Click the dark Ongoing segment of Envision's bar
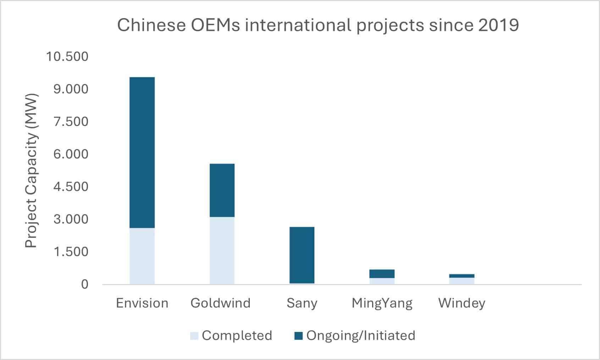(x=142, y=152)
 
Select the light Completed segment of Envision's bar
(x=142, y=256)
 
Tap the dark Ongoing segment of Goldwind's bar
(x=222, y=190)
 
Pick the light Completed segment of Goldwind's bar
(x=222, y=250)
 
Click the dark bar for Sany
(x=302, y=255)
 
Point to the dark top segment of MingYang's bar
(x=382, y=273)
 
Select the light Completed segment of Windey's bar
(x=462, y=281)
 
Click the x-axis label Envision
(x=142, y=303)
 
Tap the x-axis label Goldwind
(x=220, y=303)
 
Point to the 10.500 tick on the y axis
(x=67, y=56)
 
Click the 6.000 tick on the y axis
(x=71, y=154)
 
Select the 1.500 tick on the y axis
(x=71, y=252)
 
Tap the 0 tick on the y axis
(x=84, y=284)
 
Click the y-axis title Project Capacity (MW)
(x=32, y=170)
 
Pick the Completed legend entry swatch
(x=194, y=336)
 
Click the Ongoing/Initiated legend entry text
(x=360, y=336)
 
